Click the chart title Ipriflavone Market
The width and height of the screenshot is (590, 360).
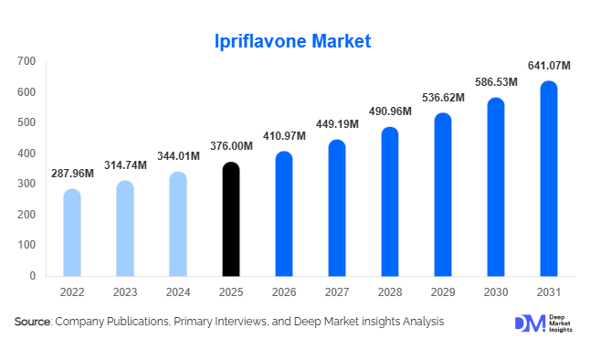[294, 41]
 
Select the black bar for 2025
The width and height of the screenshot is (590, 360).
[232, 219]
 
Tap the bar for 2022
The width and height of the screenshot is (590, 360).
[72, 233]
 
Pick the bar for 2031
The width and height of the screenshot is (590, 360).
[548, 179]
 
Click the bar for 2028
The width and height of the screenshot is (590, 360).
[390, 202]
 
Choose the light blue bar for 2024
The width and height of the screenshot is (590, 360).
[179, 224]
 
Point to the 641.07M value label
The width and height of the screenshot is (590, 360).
[549, 65]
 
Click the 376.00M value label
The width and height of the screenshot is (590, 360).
[232, 146]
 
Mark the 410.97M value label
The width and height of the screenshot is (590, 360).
[285, 135]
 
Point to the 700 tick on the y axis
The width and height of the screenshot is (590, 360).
[27, 61]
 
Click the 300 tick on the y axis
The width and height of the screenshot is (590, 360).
[27, 184]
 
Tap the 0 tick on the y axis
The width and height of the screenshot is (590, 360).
[33, 275]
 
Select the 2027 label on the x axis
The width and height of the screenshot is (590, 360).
[337, 292]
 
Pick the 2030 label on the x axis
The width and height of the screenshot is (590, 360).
[496, 292]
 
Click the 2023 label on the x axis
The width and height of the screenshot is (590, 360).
[125, 292]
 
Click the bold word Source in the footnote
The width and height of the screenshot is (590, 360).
[33, 322]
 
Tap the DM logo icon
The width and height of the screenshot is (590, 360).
[529, 323]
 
